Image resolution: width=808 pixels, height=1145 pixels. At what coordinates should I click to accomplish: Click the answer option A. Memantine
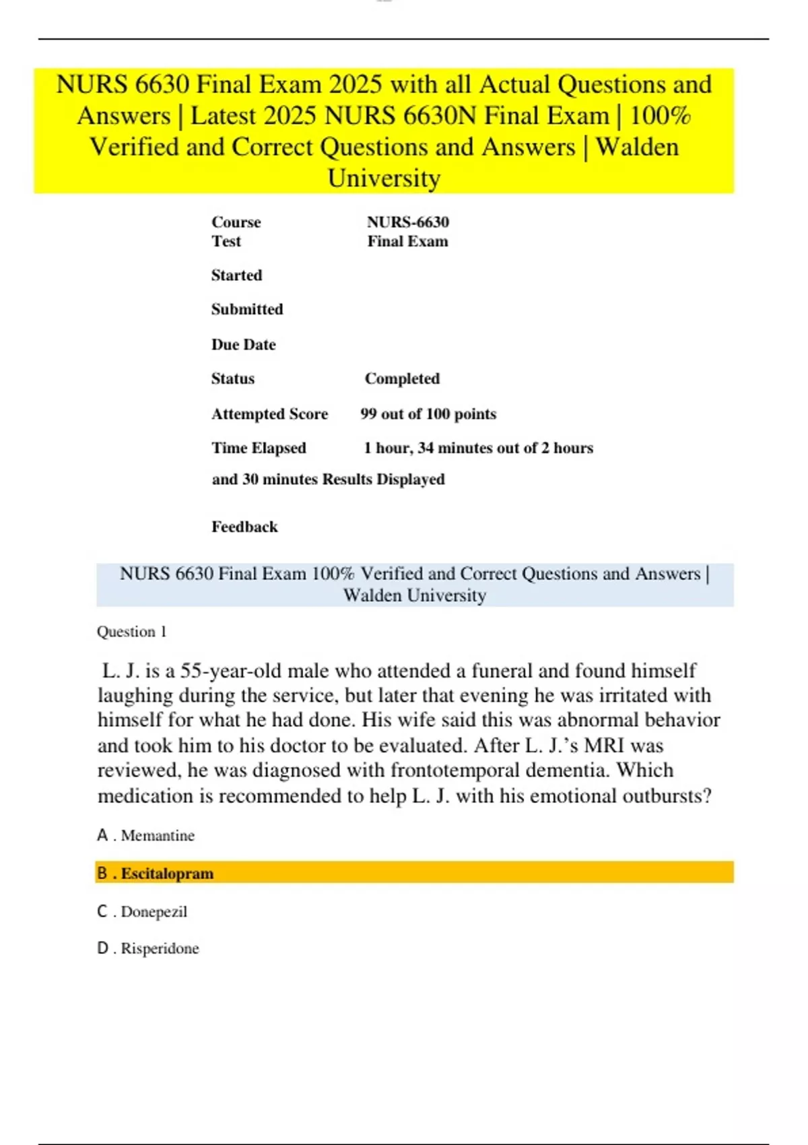click(x=145, y=835)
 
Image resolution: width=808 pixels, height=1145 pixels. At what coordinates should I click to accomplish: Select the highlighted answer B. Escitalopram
click(x=155, y=873)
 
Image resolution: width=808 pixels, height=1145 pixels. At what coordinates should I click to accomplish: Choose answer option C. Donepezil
click(x=142, y=911)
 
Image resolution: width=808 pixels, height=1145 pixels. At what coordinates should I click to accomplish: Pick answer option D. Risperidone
click(x=148, y=948)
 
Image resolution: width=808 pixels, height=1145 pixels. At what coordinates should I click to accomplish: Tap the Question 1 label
click(x=131, y=632)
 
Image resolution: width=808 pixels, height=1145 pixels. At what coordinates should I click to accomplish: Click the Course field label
click(x=236, y=222)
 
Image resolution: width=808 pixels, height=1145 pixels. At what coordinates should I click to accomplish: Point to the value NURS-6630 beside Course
click(x=408, y=222)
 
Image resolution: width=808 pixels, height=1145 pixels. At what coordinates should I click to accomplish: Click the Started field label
click(x=236, y=275)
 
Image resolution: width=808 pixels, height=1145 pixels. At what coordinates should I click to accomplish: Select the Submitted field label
click(x=247, y=309)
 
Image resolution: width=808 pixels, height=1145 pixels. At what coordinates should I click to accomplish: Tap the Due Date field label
click(x=243, y=344)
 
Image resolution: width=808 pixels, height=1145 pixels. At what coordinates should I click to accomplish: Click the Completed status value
click(x=402, y=379)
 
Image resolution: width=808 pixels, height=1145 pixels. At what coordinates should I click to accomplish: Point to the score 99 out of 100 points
click(x=428, y=414)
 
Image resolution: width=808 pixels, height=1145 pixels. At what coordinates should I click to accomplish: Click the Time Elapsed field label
click(x=259, y=448)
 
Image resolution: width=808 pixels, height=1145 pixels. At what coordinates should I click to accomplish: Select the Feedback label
click(x=244, y=527)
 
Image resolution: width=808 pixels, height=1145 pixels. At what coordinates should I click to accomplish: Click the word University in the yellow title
click(x=384, y=178)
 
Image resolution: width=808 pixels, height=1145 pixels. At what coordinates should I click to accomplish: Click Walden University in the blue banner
click(x=414, y=595)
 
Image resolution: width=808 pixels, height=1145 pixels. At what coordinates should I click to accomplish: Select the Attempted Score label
click(x=269, y=414)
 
